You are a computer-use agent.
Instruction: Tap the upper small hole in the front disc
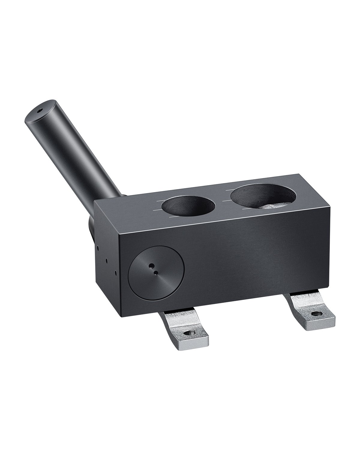152,265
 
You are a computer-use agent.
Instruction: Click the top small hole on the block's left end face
98,248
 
